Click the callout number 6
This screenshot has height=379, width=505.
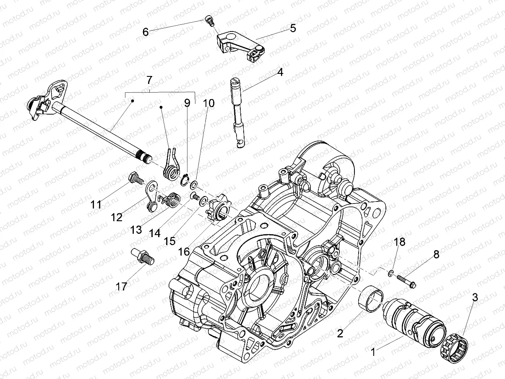[x=146, y=32]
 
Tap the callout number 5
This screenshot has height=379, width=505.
[x=292, y=28]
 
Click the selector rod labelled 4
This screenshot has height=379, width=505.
[x=238, y=111]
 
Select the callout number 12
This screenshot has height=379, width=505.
[x=117, y=217]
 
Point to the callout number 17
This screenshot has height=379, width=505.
[x=121, y=287]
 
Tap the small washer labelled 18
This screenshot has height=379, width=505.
[x=391, y=274]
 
